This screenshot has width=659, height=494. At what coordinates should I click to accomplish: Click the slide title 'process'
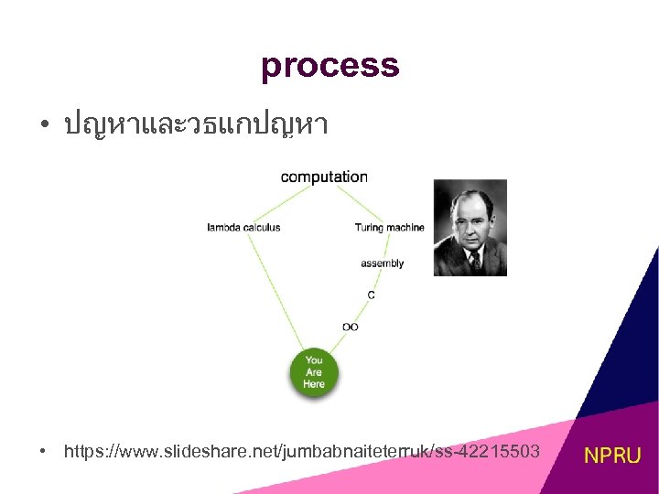(x=329, y=66)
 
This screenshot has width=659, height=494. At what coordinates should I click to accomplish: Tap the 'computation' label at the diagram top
(x=324, y=177)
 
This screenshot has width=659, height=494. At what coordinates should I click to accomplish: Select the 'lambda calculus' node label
(x=243, y=227)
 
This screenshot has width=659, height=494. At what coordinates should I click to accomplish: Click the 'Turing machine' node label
(x=389, y=227)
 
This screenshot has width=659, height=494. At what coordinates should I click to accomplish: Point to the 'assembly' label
(x=382, y=263)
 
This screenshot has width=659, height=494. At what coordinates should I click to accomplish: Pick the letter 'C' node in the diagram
(x=371, y=295)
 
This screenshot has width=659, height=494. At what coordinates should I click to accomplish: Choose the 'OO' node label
(x=350, y=327)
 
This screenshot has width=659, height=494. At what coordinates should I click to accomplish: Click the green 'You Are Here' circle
(x=314, y=372)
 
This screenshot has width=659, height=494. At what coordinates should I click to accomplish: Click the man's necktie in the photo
(x=474, y=260)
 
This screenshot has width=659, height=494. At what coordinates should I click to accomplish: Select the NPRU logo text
(x=613, y=455)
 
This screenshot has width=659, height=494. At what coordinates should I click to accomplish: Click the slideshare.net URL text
(x=302, y=451)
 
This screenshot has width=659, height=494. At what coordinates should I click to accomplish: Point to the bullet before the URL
(x=43, y=451)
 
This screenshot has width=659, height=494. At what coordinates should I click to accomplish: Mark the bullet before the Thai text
(x=43, y=125)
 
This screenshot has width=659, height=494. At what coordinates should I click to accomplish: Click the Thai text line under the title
(x=196, y=125)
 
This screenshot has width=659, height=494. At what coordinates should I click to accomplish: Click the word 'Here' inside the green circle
(x=314, y=384)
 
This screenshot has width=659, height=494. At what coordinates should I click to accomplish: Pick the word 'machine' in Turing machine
(x=405, y=227)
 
